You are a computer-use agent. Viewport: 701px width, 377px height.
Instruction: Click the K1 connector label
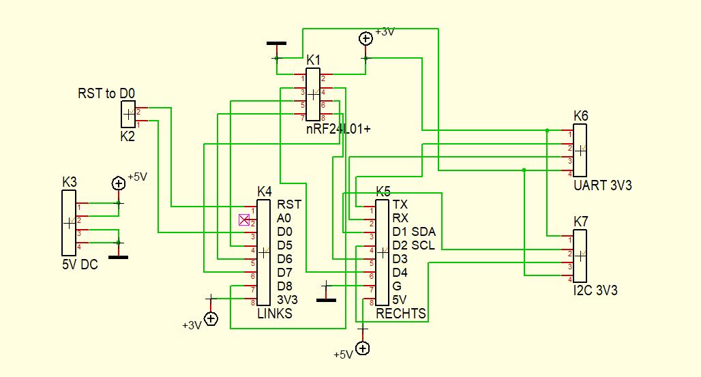point(313,60)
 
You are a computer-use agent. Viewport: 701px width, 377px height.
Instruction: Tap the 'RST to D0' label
point(106,93)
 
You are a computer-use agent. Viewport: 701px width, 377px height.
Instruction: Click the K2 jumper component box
point(128,115)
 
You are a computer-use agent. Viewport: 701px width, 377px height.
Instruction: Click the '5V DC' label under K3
point(80,265)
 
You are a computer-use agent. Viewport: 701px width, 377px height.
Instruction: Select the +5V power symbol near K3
point(118,183)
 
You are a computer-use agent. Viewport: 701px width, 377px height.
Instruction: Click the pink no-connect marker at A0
point(243,219)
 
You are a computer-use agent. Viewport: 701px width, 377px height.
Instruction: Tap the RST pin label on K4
point(289,204)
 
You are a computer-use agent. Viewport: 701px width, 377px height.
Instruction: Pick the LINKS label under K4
point(274,314)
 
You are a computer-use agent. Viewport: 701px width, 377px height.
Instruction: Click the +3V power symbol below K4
point(211,318)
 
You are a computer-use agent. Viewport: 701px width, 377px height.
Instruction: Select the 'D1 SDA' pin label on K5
point(413,232)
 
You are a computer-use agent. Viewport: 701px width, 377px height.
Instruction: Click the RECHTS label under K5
point(401,314)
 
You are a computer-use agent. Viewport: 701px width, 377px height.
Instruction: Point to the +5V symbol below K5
point(363,348)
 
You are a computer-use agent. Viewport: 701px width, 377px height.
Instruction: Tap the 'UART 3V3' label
point(603,185)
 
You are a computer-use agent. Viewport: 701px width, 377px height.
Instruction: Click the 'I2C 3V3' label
point(596,291)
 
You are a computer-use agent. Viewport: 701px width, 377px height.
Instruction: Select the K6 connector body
point(580,150)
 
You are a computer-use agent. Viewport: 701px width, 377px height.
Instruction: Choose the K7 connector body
point(580,256)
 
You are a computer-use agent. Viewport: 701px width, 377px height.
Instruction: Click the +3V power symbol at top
point(366,39)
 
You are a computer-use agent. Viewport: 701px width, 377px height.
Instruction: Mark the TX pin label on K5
point(400,204)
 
